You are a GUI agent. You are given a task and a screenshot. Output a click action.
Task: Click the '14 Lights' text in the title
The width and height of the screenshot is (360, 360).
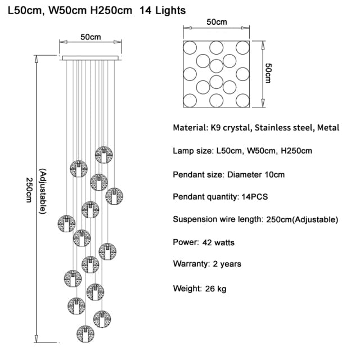[x=162, y=10]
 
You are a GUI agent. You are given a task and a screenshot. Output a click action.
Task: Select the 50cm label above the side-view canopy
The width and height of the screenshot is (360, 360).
[x=91, y=37]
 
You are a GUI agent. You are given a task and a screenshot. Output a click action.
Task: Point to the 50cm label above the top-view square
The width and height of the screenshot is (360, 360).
[x=217, y=22]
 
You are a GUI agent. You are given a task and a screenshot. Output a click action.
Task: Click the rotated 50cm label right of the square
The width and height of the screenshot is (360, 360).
[x=269, y=73]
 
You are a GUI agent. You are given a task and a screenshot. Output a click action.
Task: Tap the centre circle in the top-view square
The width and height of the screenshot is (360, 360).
[x=217, y=66]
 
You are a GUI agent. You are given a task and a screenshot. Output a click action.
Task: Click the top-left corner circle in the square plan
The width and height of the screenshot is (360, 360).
[x=191, y=47]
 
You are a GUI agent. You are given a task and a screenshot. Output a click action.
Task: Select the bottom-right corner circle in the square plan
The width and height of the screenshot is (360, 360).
[x=242, y=100]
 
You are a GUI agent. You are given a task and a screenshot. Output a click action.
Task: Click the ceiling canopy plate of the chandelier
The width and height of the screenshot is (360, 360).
[x=91, y=57]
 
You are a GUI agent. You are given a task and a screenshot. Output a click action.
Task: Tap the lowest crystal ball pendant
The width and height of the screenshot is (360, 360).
[x=86, y=334]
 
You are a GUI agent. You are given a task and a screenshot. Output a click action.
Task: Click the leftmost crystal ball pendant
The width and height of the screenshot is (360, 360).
[x=66, y=223]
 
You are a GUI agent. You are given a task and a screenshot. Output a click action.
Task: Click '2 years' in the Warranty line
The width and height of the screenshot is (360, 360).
[x=227, y=264]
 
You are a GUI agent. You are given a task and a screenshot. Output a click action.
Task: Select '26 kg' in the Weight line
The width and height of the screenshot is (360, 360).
[x=217, y=289]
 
